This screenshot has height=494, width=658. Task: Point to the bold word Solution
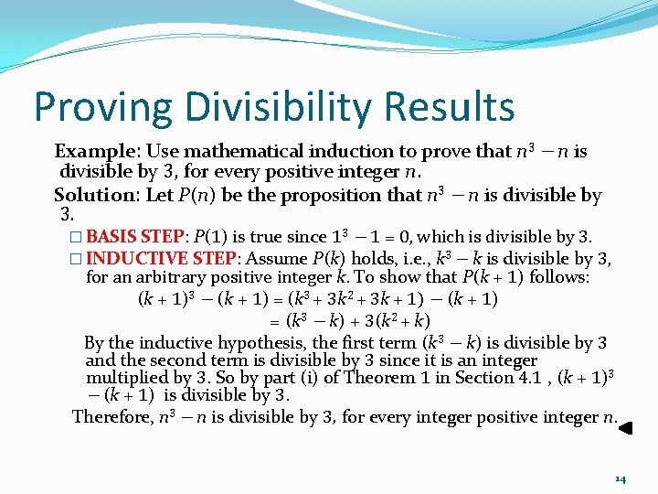click(92, 195)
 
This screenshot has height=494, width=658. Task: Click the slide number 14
click(620, 478)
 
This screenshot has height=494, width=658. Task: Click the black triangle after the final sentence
click(627, 425)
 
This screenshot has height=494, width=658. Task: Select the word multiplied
click(130, 377)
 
